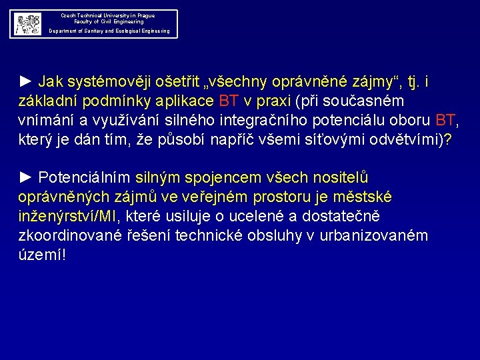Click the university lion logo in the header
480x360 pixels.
[28, 24]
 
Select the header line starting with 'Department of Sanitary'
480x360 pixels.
[109, 31]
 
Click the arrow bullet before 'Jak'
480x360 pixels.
[26, 82]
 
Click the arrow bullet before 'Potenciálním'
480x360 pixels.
[26, 178]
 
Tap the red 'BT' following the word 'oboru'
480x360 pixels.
[445, 121]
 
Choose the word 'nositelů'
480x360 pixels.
[337, 178]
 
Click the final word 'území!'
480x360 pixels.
[43, 255]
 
